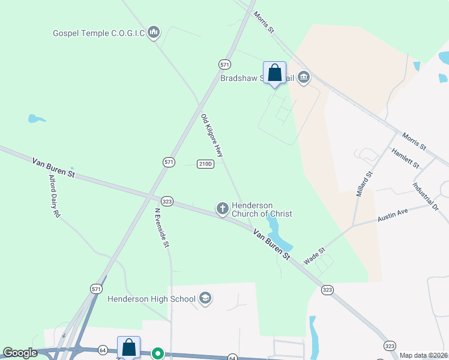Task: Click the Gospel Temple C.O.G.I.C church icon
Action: pos(154,32)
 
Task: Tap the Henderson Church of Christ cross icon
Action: pos(222,209)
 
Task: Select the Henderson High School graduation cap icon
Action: pos(205,298)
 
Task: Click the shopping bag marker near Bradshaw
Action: pos(274,73)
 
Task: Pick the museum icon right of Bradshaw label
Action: pos(304,77)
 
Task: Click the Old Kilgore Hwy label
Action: pos(212,136)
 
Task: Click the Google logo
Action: pos(20,353)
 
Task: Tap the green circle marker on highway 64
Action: pos(157,354)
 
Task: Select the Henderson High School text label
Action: pos(151,299)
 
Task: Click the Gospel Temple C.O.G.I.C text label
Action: pos(98,32)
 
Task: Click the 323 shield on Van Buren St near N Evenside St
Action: pos(167,202)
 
